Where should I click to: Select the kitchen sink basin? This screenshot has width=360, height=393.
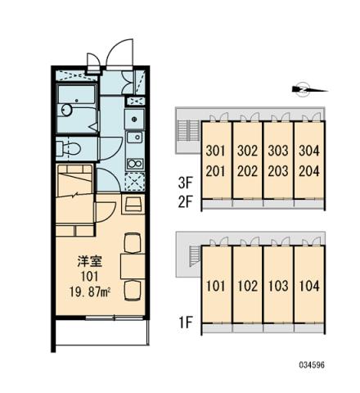tap(133, 120)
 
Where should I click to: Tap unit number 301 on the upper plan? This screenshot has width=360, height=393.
tap(216, 151)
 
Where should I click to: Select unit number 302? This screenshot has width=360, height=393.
tap(246, 151)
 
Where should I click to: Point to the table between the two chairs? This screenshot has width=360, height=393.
tap(130, 264)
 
